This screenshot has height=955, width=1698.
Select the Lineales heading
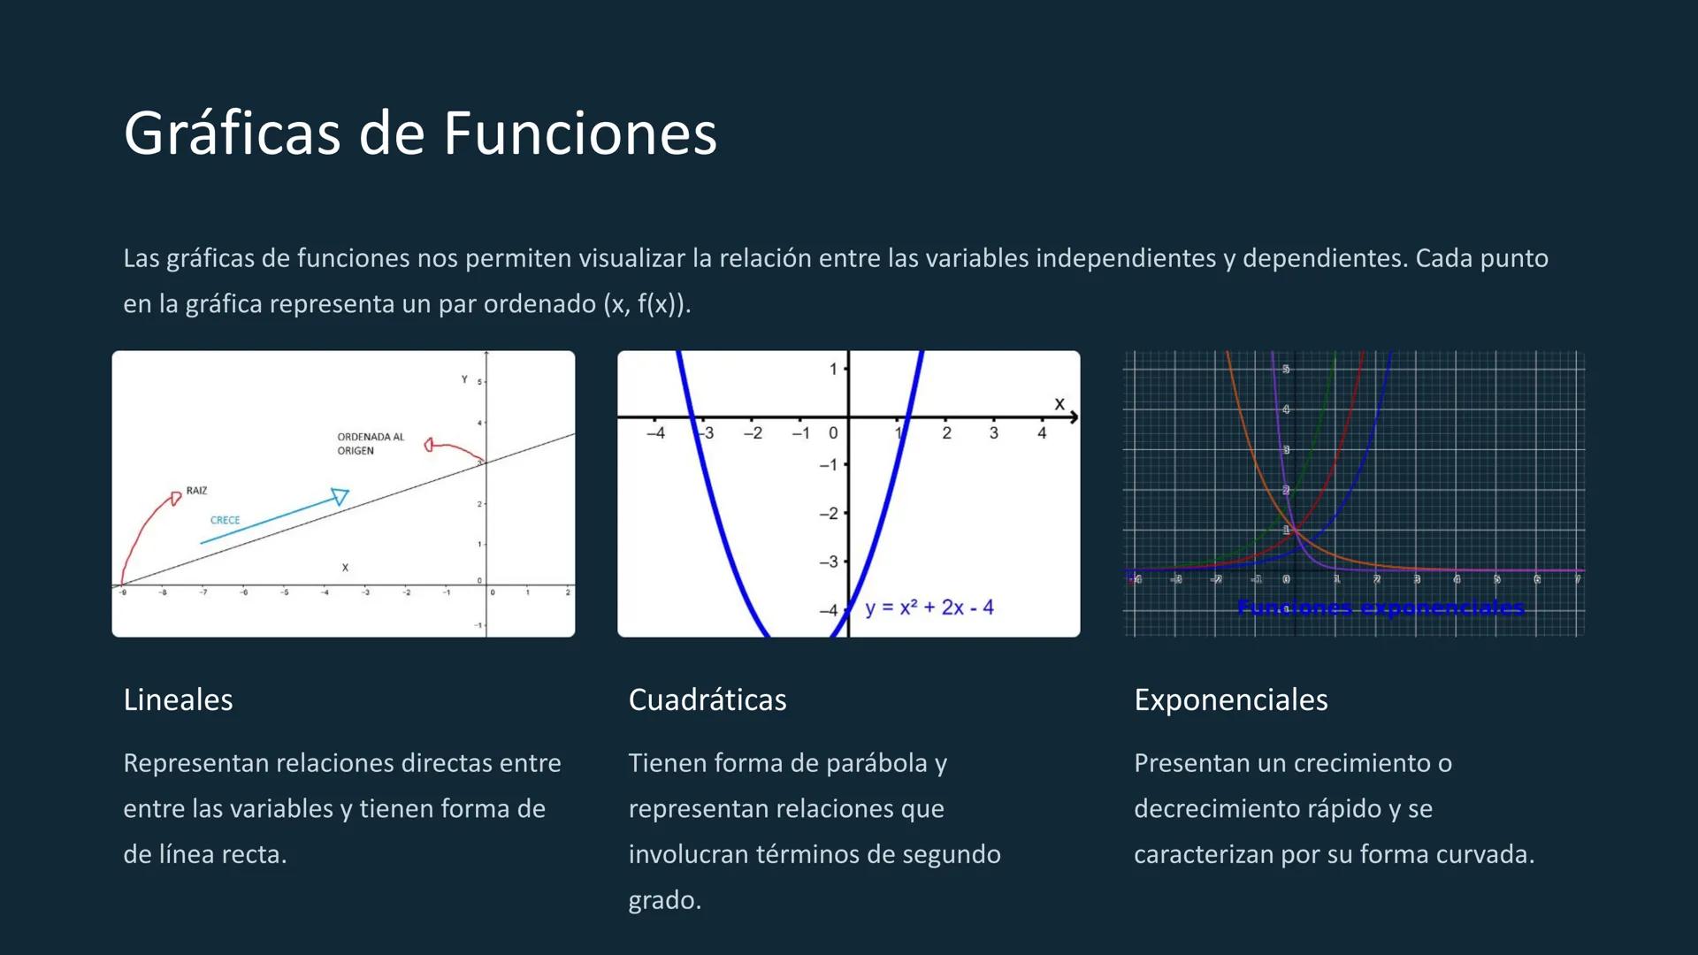pos(178,699)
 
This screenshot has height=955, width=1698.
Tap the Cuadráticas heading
pos(707,699)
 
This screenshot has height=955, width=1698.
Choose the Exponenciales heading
pos(1230,699)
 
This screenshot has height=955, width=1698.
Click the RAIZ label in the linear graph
pos(196,491)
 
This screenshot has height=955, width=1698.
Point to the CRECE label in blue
pos(225,520)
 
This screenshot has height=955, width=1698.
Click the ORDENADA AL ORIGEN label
pos(370,444)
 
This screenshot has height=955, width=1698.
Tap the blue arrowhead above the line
pos(340,496)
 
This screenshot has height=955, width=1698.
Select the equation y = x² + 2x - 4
pos(929,607)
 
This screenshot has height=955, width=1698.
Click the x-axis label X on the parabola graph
pos(1059,404)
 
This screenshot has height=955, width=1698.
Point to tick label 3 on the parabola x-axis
pos(993,433)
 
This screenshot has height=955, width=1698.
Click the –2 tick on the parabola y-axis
pos(828,514)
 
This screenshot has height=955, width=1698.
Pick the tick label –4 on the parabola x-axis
pos(655,433)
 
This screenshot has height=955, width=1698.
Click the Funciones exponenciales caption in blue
pos(1381,608)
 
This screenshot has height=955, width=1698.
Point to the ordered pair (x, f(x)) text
pos(646,304)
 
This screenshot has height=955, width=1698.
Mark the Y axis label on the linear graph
pos(463,379)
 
